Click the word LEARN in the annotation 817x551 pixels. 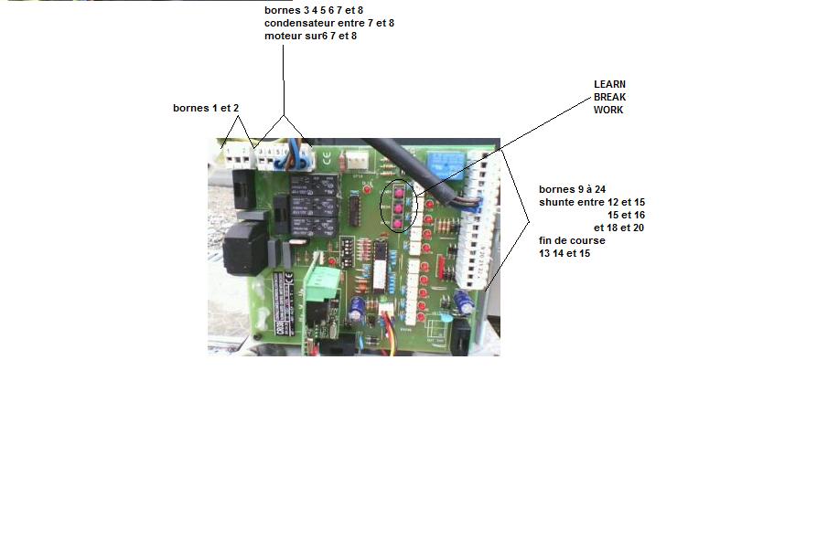[x=610, y=84]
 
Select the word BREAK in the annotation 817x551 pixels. [x=610, y=97]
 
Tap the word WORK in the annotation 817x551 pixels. [x=608, y=110]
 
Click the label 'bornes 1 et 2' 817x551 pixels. [x=206, y=108]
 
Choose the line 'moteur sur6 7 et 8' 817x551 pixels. [x=310, y=36]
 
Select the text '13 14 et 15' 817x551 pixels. [x=564, y=253]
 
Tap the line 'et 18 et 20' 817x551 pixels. [x=619, y=228]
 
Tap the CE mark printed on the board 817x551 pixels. [x=328, y=156]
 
